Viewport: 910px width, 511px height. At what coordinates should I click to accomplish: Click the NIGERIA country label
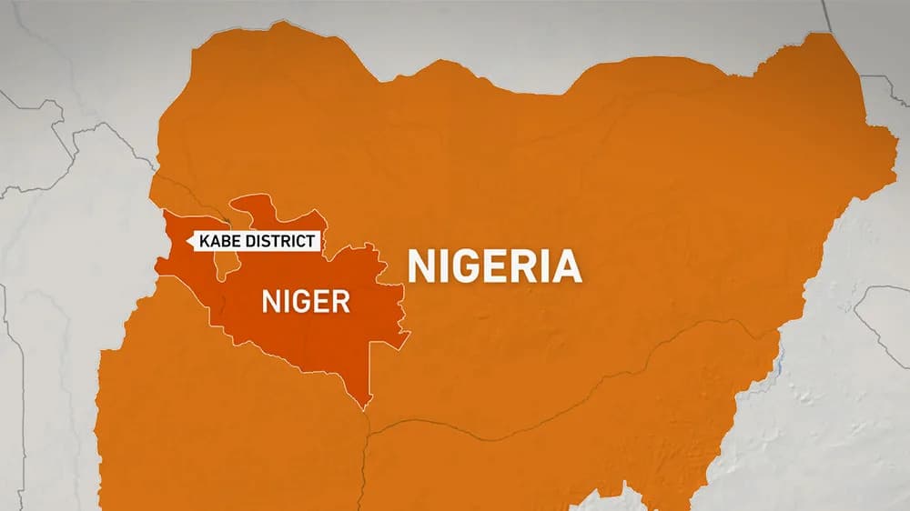coord(494,266)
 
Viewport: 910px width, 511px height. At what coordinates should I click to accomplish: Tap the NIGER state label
coord(306,301)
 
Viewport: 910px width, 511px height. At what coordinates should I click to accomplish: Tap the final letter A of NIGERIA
coord(566,266)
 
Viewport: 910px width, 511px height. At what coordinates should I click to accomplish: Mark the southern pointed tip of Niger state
coord(368,406)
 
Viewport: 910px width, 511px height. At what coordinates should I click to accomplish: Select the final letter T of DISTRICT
coord(311,241)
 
